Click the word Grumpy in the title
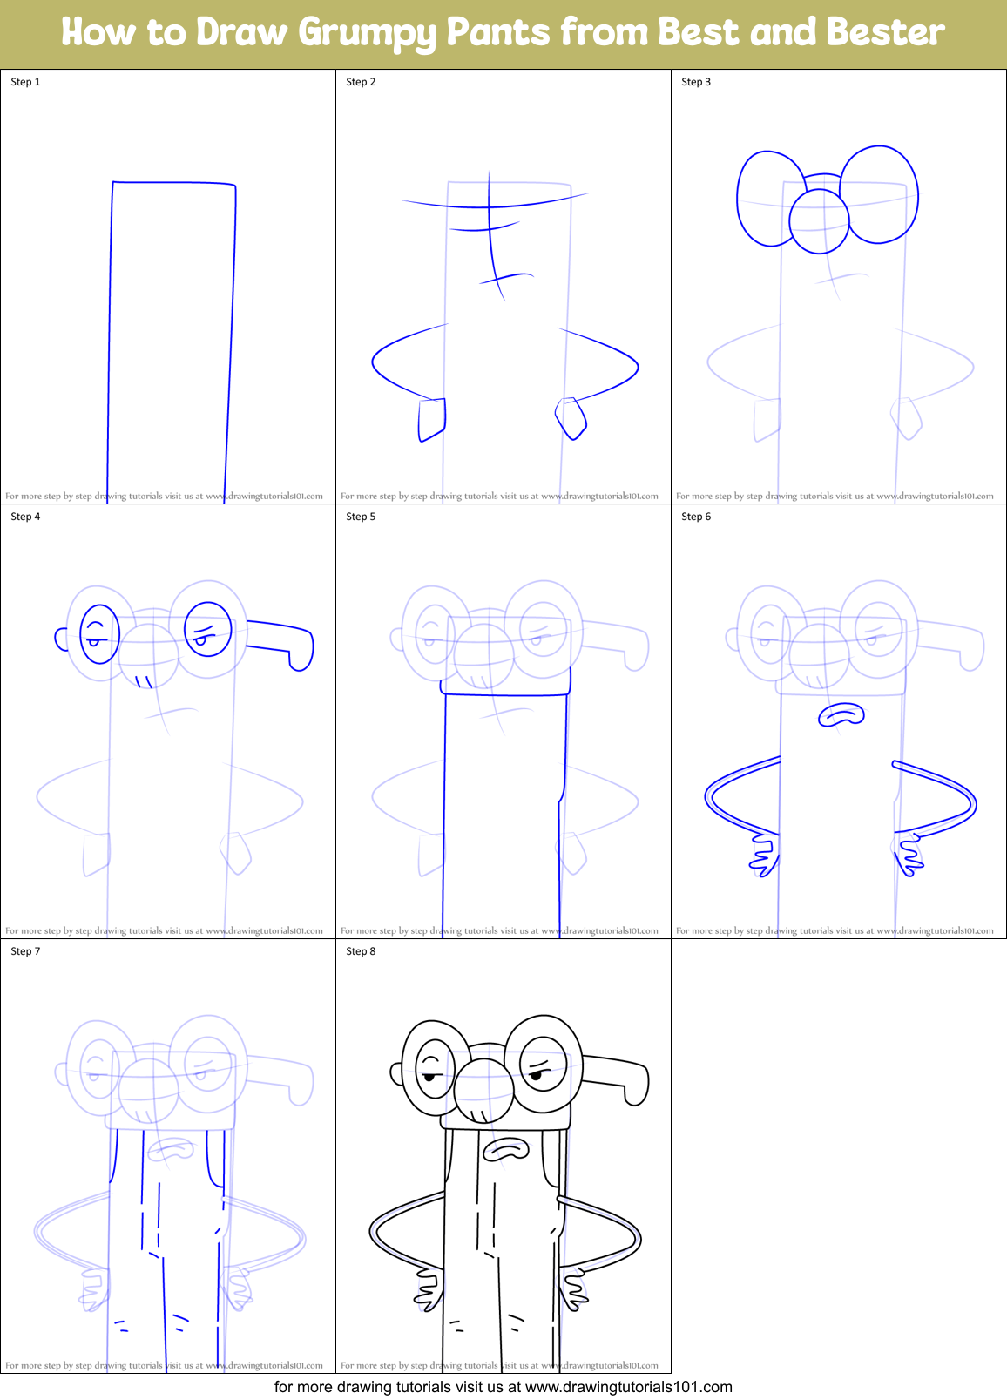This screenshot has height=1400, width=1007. pyautogui.click(x=367, y=33)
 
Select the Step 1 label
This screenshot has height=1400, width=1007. pyautogui.click(x=25, y=82)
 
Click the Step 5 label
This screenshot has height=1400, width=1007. pyautogui.click(x=361, y=517)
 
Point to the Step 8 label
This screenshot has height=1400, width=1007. pyautogui.click(x=361, y=951)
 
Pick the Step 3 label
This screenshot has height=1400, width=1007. pyautogui.click(x=696, y=82)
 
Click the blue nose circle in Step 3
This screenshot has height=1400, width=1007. pyautogui.click(x=819, y=221)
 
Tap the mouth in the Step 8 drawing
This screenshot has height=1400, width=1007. pyautogui.click(x=506, y=1150)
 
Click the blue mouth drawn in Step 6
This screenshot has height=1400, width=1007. pyautogui.click(x=841, y=715)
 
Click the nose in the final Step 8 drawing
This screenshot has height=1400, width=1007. pyautogui.click(x=483, y=1089)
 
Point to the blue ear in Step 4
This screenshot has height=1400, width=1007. pyautogui.click(x=61, y=639)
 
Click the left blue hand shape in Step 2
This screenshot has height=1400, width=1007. pyautogui.click(x=432, y=419)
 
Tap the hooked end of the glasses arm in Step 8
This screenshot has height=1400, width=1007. pyautogui.click(x=638, y=1089)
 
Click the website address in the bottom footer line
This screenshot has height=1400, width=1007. pyautogui.click(x=628, y=1387)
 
